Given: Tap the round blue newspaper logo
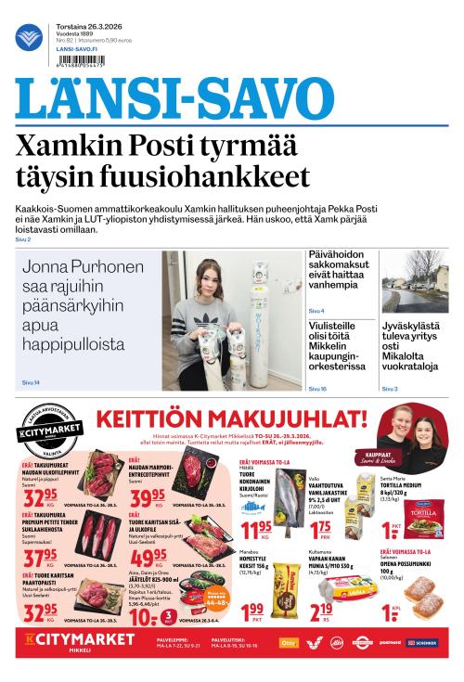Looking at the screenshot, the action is point(28,37).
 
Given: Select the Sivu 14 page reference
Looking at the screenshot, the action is point(30,382).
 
